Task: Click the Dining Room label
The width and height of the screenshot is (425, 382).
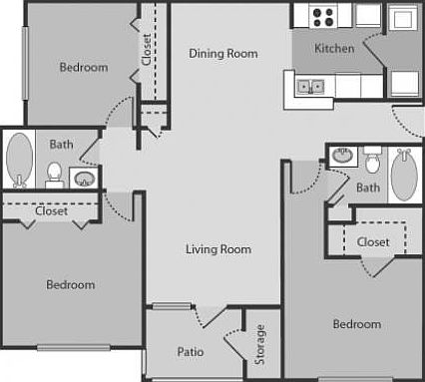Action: pos(222,54)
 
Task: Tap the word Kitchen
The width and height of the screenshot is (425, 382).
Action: pos(334,48)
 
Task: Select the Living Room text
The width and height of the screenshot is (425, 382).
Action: pos(217,249)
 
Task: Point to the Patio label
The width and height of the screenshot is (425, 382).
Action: pos(191,351)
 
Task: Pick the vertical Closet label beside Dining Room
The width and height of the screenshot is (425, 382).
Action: pos(147,51)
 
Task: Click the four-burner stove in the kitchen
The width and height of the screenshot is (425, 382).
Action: pos(323,16)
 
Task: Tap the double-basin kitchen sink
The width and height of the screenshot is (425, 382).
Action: pos(311,87)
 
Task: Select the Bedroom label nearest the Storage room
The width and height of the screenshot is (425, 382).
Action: pos(356,324)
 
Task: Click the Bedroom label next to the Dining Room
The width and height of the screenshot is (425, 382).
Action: pos(83,68)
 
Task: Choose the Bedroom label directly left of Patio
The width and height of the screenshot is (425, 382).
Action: pos(71,284)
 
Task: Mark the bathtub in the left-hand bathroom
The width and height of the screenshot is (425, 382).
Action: pos(19,159)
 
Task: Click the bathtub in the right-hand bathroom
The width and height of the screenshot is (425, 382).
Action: pos(403,176)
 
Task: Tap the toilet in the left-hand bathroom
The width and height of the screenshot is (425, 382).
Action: pos(56,176)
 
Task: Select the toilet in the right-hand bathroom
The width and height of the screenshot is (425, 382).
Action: pos(372,160)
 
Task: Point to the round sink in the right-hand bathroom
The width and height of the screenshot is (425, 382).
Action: pos(342,155)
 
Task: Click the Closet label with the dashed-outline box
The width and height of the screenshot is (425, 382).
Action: pos(372,241)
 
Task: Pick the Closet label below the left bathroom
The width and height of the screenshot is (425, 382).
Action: pos(51,210)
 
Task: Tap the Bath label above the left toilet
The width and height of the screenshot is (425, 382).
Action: pos(61,145)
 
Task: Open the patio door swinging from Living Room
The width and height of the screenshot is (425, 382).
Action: pos(212,317)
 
